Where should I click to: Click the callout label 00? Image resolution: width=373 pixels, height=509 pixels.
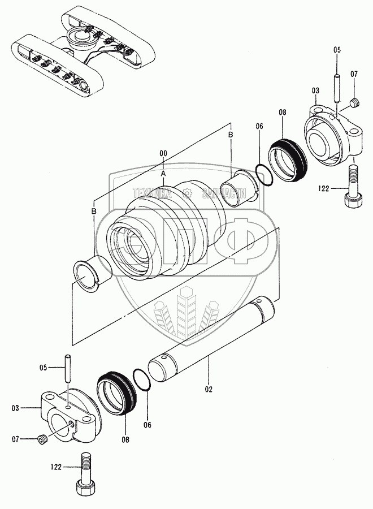(163, 153)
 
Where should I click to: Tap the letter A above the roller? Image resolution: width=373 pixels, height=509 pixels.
(163, 172)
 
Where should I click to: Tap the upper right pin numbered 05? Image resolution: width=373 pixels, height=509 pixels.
(337, 85)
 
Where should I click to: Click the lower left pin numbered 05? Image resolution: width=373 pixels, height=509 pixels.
(68, 373)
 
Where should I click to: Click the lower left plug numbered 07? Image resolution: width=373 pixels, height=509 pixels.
(41, 439)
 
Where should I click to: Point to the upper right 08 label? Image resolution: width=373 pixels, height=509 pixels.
(283, 113)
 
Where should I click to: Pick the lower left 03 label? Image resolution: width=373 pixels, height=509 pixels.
(15, 407)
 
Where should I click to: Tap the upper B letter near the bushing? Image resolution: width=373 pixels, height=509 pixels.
(231, 135)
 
